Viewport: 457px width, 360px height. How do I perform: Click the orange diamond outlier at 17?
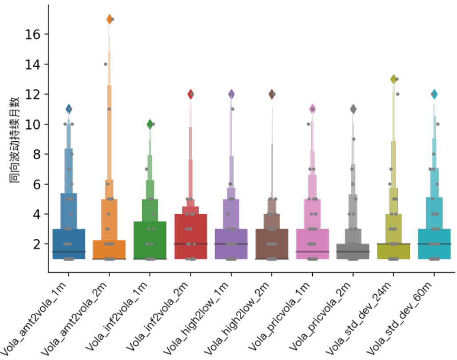109,19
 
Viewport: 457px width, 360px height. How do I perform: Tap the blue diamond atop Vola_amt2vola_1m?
69,109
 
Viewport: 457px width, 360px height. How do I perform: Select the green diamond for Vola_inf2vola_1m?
150,124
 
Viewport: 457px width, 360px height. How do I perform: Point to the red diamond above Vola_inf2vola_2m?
191,94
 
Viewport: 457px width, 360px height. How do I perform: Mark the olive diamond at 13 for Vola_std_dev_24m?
393,79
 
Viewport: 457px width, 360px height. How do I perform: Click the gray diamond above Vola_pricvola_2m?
353,109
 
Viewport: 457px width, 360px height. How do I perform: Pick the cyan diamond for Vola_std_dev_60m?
434,94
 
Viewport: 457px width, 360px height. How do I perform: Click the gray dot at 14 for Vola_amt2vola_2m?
105,64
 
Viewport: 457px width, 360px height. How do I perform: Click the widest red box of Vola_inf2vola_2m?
191,236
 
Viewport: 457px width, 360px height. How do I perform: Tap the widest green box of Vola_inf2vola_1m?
150,240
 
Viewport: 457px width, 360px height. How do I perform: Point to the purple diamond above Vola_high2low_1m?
231,94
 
